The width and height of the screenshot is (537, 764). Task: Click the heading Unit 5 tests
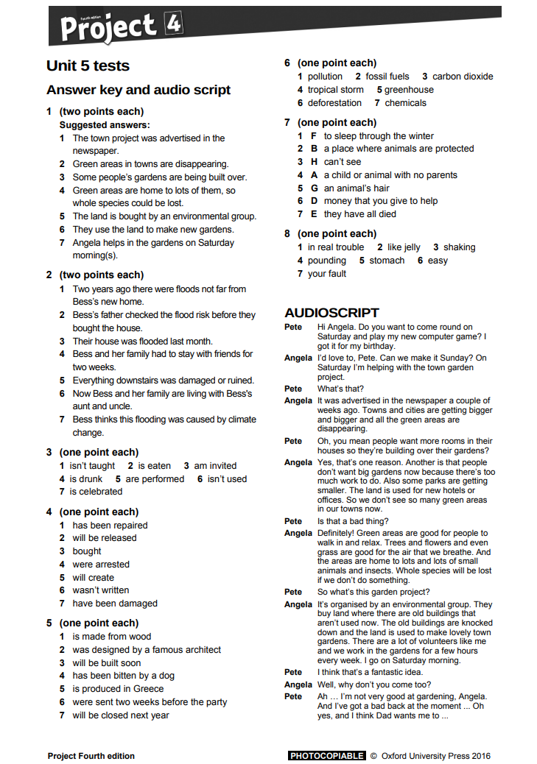[x=88, y=66]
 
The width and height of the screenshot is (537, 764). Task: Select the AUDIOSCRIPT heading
[x=331, y=312]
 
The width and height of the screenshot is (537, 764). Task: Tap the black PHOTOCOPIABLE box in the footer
[x=326, y=755]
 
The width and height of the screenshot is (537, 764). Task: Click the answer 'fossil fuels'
[x=387, y=77]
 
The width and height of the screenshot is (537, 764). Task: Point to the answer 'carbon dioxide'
[x=463, y=77]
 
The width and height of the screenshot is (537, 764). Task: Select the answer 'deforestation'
[x=334, y=103]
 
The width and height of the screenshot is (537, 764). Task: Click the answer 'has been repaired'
[x=110, y=526]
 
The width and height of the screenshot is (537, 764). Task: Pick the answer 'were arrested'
[x=101, y=565]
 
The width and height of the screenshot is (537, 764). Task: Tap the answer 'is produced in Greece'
[x=118, y=689]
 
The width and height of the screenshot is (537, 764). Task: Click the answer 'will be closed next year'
[x=121, y=715]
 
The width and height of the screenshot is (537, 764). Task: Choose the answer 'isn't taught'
[x=92, y=466]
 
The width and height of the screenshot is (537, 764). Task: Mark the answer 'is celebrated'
[x=96, y=492]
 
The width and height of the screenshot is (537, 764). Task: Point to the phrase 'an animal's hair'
[x=357, y=188]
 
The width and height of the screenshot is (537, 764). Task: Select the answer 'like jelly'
[x=404, y=247]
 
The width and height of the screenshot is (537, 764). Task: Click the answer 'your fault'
[x=327, y=274]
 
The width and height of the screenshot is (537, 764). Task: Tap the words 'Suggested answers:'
[x=105, y=125]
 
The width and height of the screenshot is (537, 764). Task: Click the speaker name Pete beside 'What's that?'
[x=293, y=389]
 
